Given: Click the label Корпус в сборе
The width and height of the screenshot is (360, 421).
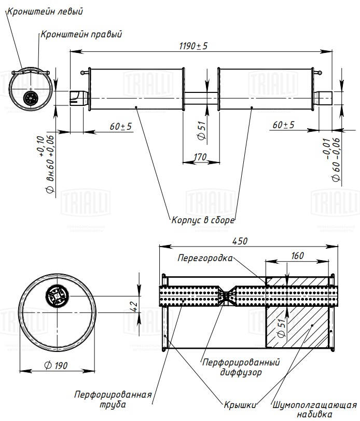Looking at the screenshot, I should (x=203, y=220).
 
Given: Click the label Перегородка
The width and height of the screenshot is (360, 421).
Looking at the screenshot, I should (x=205, y=257).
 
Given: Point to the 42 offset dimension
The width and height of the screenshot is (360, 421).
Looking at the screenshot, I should (x=133, y=306).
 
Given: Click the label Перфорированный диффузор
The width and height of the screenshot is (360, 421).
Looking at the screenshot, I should (x=241, y=366).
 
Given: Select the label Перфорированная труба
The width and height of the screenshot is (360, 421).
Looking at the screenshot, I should (x=113, y=399).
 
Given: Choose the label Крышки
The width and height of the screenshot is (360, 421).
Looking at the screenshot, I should (x=240, y=403).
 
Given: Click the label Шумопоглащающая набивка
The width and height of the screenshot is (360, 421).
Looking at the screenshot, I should (x=314, y=409).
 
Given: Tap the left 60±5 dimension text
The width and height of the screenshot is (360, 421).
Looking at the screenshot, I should (x=120, y=126).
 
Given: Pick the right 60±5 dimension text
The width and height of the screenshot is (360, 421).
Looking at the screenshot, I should (x=283, y=125).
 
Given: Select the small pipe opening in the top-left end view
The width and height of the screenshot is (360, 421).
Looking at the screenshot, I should (x=31, y=97).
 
